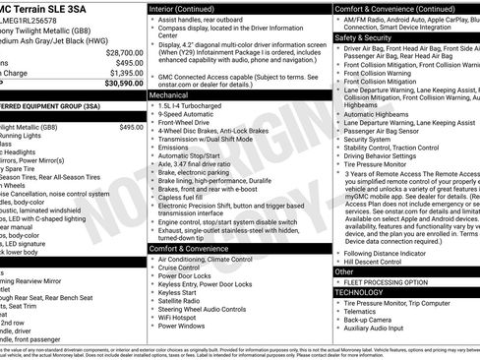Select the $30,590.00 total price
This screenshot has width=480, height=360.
coord(121,84)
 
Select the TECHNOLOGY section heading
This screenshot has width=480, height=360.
coord(358,292)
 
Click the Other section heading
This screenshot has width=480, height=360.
coord(343,270)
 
